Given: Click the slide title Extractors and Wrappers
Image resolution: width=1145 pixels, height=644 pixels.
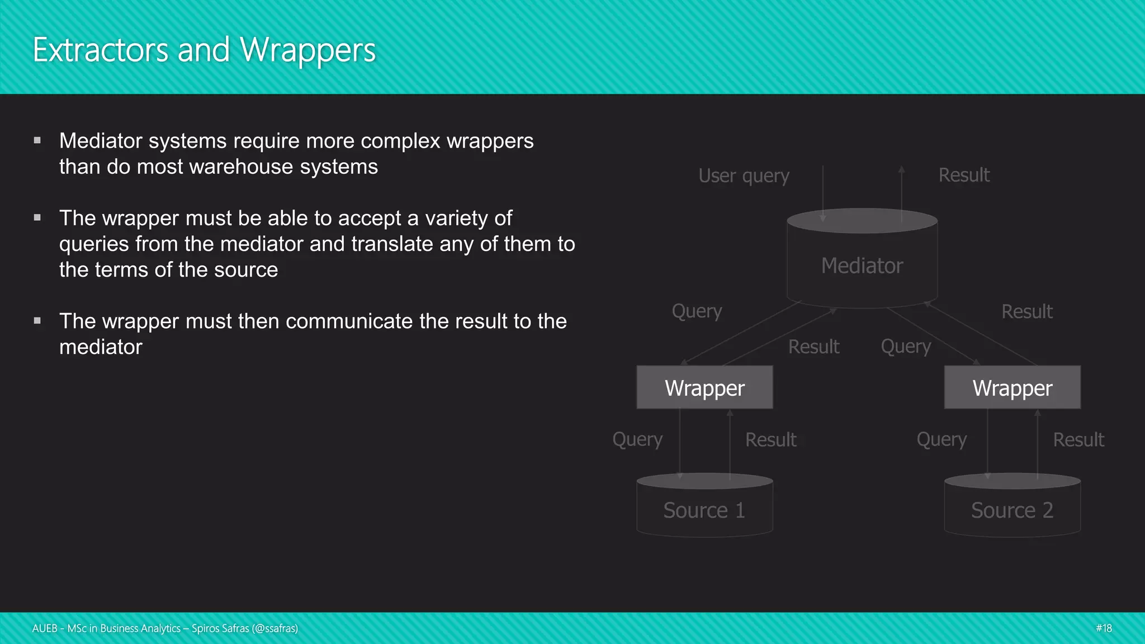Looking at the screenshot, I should pyautogui.click(x=204, y=50).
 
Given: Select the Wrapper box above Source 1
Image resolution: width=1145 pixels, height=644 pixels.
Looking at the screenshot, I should pyautogui.click(x=704, y=388).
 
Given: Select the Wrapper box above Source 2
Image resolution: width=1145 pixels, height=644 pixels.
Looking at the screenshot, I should pyautogui.click(x=1012, y=388).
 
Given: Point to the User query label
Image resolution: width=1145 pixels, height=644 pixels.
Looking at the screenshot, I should pyautogui.click(x=744, y=176).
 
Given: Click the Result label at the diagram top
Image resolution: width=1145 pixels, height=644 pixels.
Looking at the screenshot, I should pyautogui.click(x=964, y=175).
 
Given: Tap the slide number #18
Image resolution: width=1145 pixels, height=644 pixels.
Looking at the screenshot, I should pyautogui.click(x=1104, y=628).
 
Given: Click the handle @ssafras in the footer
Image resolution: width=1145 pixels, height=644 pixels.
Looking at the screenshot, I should pyautogui.click(x=275, y=628).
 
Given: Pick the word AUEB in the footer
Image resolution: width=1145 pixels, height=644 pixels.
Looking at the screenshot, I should pyautogui.click(x=45, y=628).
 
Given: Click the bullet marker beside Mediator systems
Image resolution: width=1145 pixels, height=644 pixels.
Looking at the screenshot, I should pyautogui.click(x=37, y=141).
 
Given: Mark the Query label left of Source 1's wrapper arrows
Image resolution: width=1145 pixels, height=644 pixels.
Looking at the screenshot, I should pyautogui.click(x=637, y=439).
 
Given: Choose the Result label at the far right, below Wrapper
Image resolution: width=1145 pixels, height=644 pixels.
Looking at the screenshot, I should pyautogui.click(x=1078, y=440).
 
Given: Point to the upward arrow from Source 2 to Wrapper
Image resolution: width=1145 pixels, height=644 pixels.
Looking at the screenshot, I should pyautogui.click(x=1038, y=444).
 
